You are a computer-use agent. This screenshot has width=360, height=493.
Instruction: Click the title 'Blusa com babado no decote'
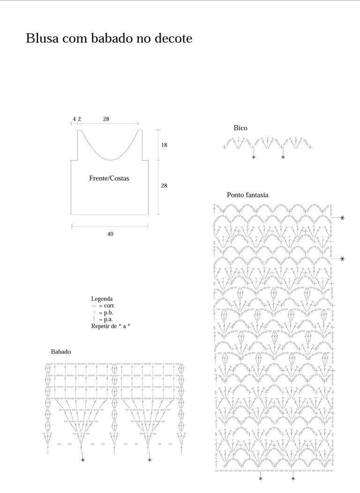[109, 38]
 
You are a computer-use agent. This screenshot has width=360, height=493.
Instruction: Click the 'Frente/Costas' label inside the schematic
[109, 178]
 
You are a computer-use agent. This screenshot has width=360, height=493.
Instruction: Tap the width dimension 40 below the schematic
[110, 234]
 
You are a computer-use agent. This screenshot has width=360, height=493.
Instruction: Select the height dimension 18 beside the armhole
[164, 145]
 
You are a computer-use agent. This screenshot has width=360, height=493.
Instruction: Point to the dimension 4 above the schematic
[75, 119]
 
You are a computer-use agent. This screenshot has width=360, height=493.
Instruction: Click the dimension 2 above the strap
[79, 119]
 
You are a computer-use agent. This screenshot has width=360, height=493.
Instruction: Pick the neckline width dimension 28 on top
[106, 119]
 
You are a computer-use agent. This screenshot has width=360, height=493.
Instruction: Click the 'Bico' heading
[240, 128]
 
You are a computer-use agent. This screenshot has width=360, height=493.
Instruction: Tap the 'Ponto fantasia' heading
[247, 195]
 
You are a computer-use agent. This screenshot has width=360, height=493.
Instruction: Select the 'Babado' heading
[60, 351]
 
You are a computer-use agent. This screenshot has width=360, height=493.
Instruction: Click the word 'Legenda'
[102, 299]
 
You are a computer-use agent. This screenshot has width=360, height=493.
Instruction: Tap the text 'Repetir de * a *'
[111, 326]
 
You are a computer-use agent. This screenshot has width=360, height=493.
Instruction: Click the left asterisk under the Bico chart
[254, 157]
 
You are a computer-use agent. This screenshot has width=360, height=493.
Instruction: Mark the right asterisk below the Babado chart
[150, 460]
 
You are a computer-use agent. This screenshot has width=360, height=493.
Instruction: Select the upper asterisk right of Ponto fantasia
[342, 217]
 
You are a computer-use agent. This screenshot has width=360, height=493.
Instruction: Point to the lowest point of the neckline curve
[111, 160]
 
